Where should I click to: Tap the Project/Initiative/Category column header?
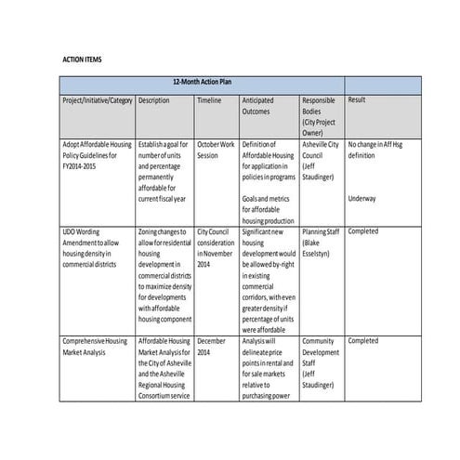pyautogui.click(x=97, y=99)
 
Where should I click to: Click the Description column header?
pyautogui.click(x=153, y=99)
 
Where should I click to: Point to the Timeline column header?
pyautogui.click(x=209, y=99)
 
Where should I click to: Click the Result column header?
pyautogui.click(x=356, y=99)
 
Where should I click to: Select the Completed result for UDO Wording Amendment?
pyautogui.click(x=363, y=231)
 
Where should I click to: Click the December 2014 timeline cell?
pyautogui.click(x=213, y=347)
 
